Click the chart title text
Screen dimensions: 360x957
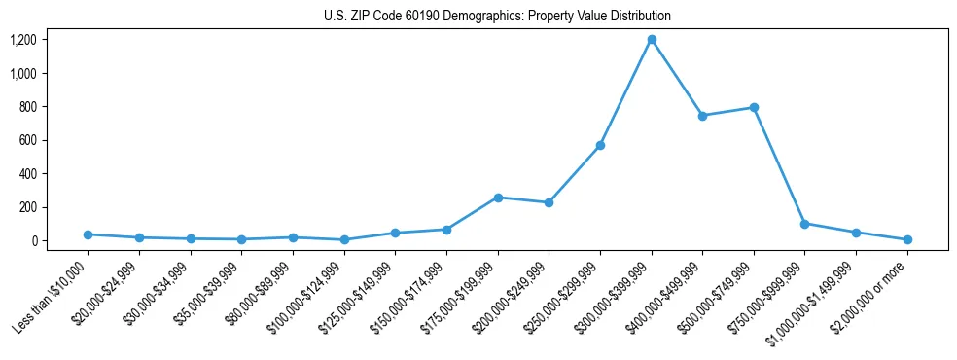point(497,17)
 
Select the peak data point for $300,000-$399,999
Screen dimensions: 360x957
point(652,40)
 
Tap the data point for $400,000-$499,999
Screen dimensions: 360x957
point(702,116)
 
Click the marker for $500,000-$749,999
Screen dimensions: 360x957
point(754,108)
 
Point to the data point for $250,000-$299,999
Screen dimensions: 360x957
point(600,146)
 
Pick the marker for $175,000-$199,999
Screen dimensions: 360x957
point(498,198)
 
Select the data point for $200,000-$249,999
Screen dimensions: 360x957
point(549,203)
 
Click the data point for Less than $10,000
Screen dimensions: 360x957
point(89,234)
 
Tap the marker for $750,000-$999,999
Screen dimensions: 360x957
point(804,224)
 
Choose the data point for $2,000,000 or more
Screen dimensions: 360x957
point(906,239)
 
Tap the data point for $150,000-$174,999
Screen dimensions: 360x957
point(446,230)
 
